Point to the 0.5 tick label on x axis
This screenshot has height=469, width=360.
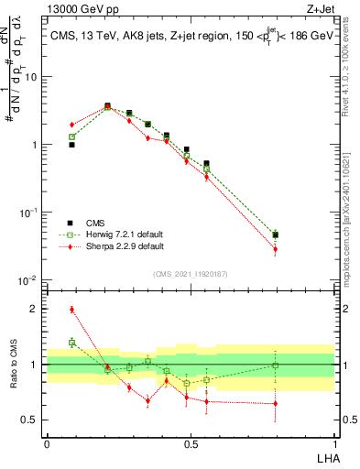tap(190, 442)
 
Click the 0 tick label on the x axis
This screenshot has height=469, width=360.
tap(47, 442)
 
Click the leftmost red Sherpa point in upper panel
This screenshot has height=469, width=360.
tap(71, 125)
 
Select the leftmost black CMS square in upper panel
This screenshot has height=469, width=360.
tap(71, 145)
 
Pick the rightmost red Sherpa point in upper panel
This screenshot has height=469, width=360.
tap(275, 249)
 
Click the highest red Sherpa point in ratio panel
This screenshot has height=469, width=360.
tap(71, 310)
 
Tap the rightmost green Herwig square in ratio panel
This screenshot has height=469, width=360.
tap(275, 365)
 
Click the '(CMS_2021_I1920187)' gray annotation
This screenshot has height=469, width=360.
tap(190, 273)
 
